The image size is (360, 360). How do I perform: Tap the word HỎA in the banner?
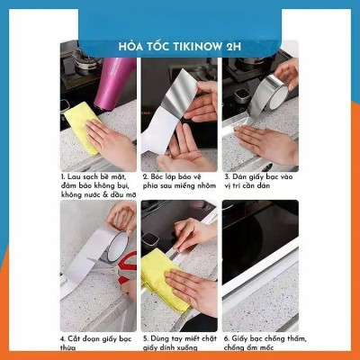click(130, 47)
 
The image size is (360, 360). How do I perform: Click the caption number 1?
click(63, 178)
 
